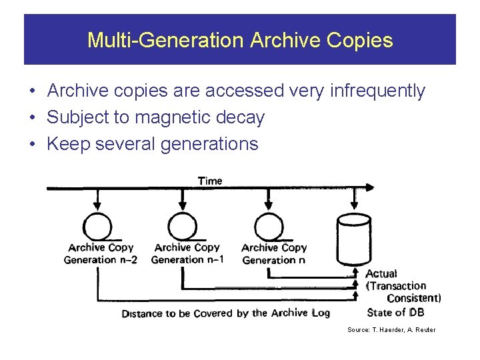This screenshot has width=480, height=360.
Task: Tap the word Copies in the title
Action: coord(360,41)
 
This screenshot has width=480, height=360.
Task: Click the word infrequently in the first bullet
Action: coord(377,91)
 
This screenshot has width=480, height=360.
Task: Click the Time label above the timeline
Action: coord(210,181)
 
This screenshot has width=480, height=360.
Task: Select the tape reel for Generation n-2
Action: coord(98,225)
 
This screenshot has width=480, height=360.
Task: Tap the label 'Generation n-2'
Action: coord(100,260)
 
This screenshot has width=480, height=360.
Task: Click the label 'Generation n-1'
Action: coord(187,260)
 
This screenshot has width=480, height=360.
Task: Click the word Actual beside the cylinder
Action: coord(381,273)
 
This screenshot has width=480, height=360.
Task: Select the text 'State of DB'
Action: coord(395,312)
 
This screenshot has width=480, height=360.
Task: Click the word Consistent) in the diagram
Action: coord(413,298)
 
